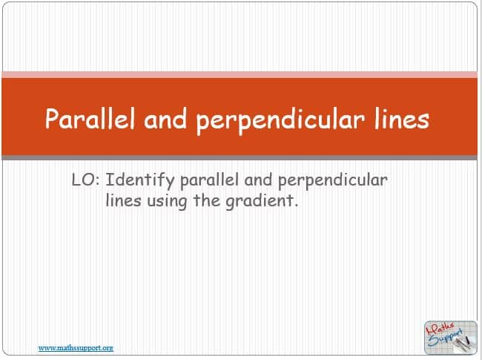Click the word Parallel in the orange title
(90, 119)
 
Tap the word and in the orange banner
(165, 120)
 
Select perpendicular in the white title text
(280, 121)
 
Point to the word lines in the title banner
(401, 119)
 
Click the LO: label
(86, 180)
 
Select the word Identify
(140, 180)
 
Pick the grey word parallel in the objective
(209, 180)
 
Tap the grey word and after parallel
(258, 180)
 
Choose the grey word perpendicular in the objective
(332, 180)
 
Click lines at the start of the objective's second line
(123, 200)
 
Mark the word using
(167, 202)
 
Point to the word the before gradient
(207, 200)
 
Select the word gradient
(262, 202)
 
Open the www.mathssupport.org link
(76, 348)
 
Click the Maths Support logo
(450, 338)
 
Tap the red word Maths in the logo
(440, 329)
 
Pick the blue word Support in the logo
(446, 338)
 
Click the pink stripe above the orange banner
(240, 75)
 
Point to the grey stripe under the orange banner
(240, 157)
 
